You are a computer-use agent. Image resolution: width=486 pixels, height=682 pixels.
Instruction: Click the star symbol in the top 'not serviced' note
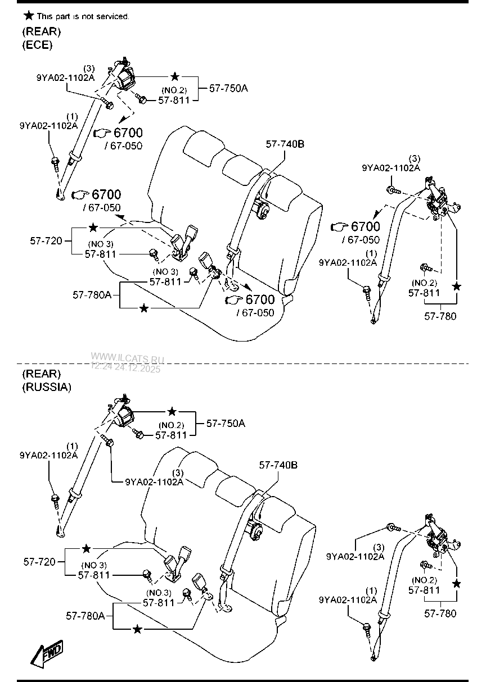[27, 15]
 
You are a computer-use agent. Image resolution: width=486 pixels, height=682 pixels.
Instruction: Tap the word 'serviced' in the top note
[112, 16]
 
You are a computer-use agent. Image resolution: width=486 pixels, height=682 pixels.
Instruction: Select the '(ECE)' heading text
[37, 46]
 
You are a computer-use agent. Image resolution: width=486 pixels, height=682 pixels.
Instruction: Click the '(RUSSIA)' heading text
[47, 387]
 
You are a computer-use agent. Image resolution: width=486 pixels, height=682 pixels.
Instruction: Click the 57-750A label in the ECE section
[228, 88]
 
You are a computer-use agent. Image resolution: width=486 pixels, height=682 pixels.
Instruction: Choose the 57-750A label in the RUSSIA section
[226, 423]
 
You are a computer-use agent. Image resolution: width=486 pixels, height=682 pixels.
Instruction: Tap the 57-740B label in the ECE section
[285, 144]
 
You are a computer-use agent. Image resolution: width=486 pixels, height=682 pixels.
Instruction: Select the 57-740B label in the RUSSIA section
[278, 465]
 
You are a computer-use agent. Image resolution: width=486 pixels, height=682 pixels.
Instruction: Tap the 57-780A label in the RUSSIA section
[85, 616]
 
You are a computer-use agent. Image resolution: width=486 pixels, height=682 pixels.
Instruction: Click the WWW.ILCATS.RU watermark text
[127, 358]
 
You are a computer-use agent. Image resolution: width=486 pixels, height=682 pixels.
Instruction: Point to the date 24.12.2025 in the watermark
[137, 369]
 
